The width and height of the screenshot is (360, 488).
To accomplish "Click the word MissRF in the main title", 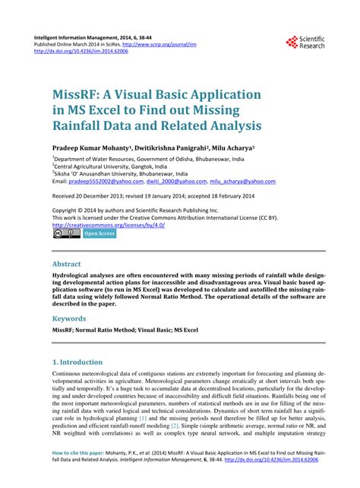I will point(80,97).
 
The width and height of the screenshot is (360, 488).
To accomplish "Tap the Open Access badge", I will point(99,233).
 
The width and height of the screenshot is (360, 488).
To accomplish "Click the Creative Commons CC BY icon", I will point(66,233).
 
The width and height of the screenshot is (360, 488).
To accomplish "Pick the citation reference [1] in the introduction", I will point(143,419).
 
